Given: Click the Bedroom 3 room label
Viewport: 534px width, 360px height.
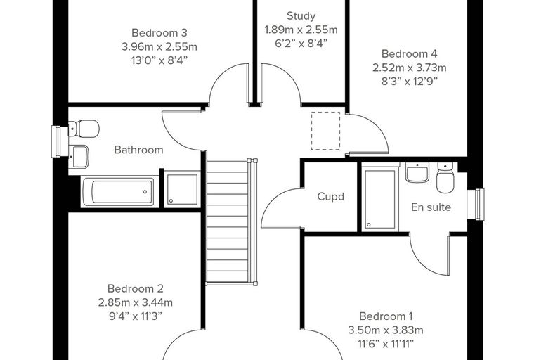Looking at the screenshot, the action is [159, 33].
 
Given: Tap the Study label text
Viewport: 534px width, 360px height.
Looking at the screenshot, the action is [301, 16].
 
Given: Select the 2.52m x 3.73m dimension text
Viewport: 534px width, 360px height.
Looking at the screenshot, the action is [410, 67].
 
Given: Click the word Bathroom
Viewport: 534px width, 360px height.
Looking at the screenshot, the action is [138, 150].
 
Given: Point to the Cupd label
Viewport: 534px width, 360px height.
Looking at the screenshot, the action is [331, 197].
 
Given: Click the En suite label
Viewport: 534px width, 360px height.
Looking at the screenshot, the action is [431, 207].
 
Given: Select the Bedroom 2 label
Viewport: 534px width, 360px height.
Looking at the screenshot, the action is [136, 288].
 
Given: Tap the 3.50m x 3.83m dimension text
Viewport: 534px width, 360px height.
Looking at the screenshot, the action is [386, 330].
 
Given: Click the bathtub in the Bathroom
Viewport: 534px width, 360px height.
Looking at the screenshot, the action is [120, 191].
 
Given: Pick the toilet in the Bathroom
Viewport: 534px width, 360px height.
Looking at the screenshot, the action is [84, 128].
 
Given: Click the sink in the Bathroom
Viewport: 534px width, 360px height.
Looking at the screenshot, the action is [79, 157].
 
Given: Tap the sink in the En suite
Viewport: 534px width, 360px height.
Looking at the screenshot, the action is [417, 172].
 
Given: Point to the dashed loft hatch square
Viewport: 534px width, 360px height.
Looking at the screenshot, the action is [325, 131].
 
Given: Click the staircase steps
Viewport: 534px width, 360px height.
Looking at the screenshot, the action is [228, 221].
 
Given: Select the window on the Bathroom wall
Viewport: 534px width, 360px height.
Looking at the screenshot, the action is [60, 142].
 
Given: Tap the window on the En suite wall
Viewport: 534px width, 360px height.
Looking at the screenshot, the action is [476, 204].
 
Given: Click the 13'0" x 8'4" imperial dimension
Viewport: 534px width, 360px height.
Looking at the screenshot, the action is [159, 60].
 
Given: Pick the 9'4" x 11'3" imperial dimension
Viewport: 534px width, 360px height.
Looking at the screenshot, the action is [136, 316].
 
